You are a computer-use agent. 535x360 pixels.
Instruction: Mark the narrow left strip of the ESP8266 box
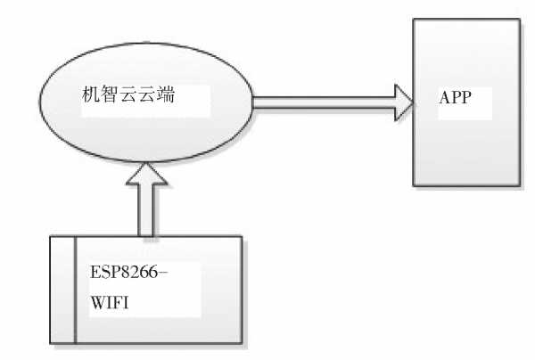click(63, 290)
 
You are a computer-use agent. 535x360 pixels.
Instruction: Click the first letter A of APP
click(443, 97)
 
